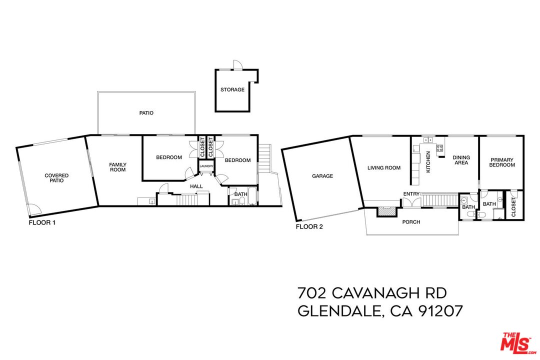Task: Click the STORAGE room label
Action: (x=232, y=90)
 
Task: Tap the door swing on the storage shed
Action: (x=237, y=65)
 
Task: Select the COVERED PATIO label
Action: (x=56, y=178)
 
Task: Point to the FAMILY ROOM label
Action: (x=118, y=167)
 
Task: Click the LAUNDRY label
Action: (x=206, y=166)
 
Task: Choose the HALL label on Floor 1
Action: (x=196, y=186)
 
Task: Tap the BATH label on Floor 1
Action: (x=240, y=194)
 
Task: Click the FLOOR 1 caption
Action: (x=42, y=223)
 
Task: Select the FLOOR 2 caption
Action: (x=309, y=226)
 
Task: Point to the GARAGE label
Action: (x=322, y=176)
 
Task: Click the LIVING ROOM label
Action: (x=384, y=168)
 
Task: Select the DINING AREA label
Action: (x=461, y=160)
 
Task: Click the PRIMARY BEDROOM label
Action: (x=501, y=162)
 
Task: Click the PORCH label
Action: (x=411, y=222)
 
